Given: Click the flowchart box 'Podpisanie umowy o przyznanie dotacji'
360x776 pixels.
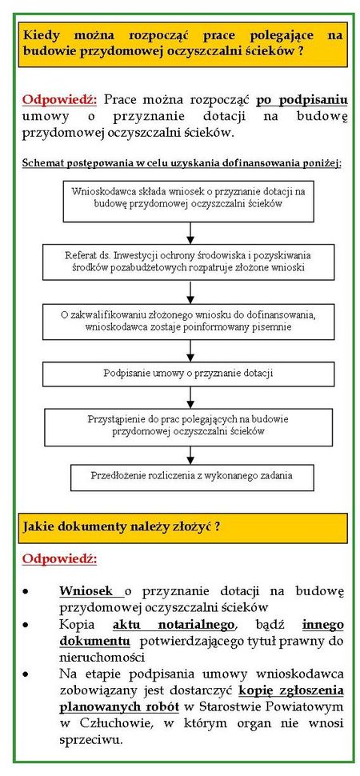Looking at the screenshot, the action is (188, 374).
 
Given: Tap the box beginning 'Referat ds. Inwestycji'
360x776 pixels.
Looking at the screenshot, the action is (188, 262).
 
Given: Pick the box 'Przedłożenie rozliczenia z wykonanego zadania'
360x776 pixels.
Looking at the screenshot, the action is (191, 477).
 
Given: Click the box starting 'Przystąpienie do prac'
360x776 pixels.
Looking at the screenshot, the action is (188, 426).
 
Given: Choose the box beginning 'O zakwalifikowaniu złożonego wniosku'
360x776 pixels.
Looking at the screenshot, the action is (188, 321).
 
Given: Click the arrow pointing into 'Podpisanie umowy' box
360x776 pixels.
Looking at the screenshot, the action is (190, 351).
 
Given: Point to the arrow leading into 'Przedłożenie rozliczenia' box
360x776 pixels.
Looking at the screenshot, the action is (190, 454).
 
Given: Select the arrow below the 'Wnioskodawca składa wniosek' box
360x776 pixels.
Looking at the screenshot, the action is (190, 233).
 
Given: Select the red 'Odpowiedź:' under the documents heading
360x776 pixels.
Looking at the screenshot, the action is (59, 559).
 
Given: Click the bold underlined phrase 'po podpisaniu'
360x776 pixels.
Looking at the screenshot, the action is (302, 101).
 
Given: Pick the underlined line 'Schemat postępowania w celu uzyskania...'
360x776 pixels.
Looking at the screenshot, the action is (182, 164).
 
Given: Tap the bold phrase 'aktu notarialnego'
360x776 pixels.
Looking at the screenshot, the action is (174, 626).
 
